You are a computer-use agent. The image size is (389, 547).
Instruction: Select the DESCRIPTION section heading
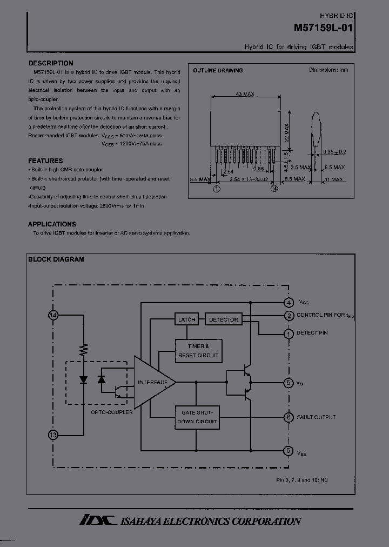click(x=51, y=63)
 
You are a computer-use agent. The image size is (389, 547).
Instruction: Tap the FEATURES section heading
click(x=45, y=161)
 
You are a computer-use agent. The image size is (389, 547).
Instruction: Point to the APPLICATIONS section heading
click(x=52, y=224)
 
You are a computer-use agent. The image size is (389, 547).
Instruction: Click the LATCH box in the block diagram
click(x=186, y=319)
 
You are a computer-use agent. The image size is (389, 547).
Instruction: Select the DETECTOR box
click(x=223, y=319)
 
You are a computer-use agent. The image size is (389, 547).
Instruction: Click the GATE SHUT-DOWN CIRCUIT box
click(x=197, y=417)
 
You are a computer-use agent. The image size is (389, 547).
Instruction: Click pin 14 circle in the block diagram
click(x=53, y=315)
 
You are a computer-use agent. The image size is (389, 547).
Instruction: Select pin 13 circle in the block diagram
click(x=53, y=434)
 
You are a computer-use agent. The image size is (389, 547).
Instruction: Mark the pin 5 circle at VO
click(x=289, y=383)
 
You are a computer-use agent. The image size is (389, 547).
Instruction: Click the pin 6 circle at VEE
click(x=289, y=450)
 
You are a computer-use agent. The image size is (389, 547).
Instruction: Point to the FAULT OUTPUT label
click(x=316, y=417)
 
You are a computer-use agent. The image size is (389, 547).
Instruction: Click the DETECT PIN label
click(x=312, y=333)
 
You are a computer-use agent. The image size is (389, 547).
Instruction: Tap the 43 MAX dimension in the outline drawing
click(x=245, y=94)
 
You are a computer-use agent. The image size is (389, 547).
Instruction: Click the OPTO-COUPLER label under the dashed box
click(x=112, y=412)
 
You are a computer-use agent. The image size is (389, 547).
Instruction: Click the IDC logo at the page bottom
click(x=98, y=520)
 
